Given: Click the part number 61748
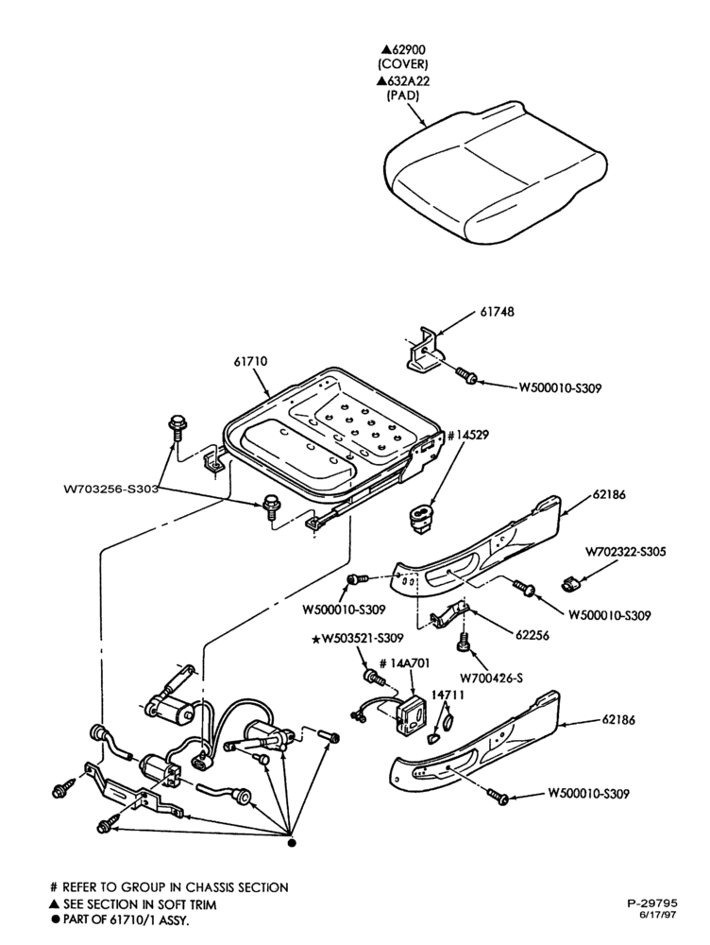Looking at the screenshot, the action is pyautogui.click(x=497, y=312).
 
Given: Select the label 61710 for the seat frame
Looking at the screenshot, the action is pyautogui.click(x=250, y=362).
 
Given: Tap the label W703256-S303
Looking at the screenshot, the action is pyautogui.click(x=110, y=489).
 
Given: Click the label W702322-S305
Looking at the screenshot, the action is pyautogui.click(x=626, y=552).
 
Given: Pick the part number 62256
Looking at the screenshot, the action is pyautogui.click(x=532, y=635).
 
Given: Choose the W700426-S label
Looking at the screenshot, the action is pyautogui.click(x=491, y=678).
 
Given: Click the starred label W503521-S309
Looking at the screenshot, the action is pyautogui.click(x=358, y=638).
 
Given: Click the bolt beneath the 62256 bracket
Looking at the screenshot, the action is pyautogui.click(x=464, y=641).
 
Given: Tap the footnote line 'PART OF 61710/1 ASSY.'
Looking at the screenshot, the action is pyautogui.click(x=123, y=920).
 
